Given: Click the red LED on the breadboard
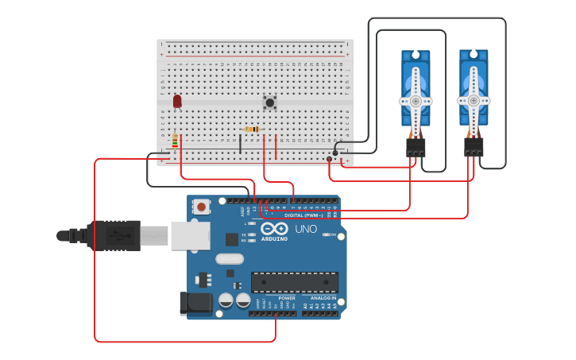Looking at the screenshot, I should [x=177, y=101].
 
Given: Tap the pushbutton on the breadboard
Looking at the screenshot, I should [x=270, y=103].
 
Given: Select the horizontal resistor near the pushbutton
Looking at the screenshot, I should [x=252, y=129].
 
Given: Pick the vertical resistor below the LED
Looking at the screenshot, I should [x=175, y=141].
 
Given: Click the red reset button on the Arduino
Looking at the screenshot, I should [x=201, y=207].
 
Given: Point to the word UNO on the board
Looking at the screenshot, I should [x=306, y=229].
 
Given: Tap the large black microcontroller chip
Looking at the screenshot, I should [x=294, y=282].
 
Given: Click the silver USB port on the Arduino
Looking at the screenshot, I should [x=191, y=235].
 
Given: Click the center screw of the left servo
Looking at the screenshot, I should [x=416, y=101].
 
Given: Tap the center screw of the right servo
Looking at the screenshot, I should [x=474, y=100].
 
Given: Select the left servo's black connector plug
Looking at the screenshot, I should [x=416, y=147].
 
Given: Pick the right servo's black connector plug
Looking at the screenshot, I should [x=474, y=147].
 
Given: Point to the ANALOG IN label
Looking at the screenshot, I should [x=323, y=298].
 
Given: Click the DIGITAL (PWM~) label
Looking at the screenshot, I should [x=303, y=215].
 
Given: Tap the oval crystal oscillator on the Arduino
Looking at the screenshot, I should [x=230, y=258].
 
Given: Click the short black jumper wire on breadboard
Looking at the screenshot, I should [x=240, y=144].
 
